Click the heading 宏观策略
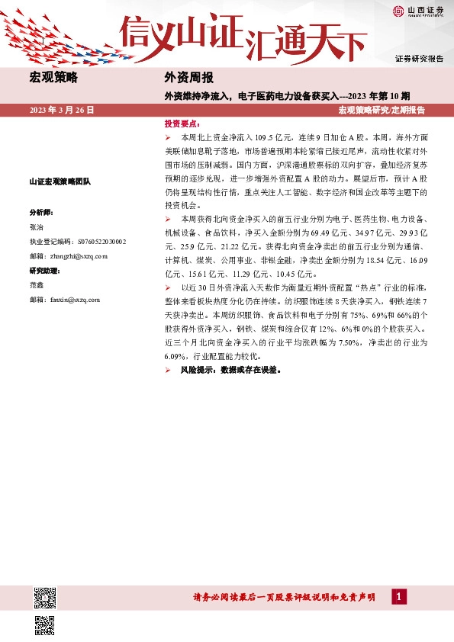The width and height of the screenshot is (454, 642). tap(53, 77)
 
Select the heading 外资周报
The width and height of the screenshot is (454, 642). tap(188, 77)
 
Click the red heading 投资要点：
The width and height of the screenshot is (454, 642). tap(182, 123)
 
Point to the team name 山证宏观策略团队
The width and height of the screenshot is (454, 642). tap(60, 181)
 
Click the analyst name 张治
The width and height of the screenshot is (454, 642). tap(37, 227)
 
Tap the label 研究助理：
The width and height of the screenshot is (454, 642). tap(46, 271)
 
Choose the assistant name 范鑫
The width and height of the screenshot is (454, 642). tap(37, 285)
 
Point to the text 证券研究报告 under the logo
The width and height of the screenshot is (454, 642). tap(419, 58)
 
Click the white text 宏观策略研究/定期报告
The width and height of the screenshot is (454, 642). tap(382, 110)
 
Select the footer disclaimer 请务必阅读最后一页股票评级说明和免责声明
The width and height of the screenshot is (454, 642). tap(283, 598)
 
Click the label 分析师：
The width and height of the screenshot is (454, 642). tap(42, 212)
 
